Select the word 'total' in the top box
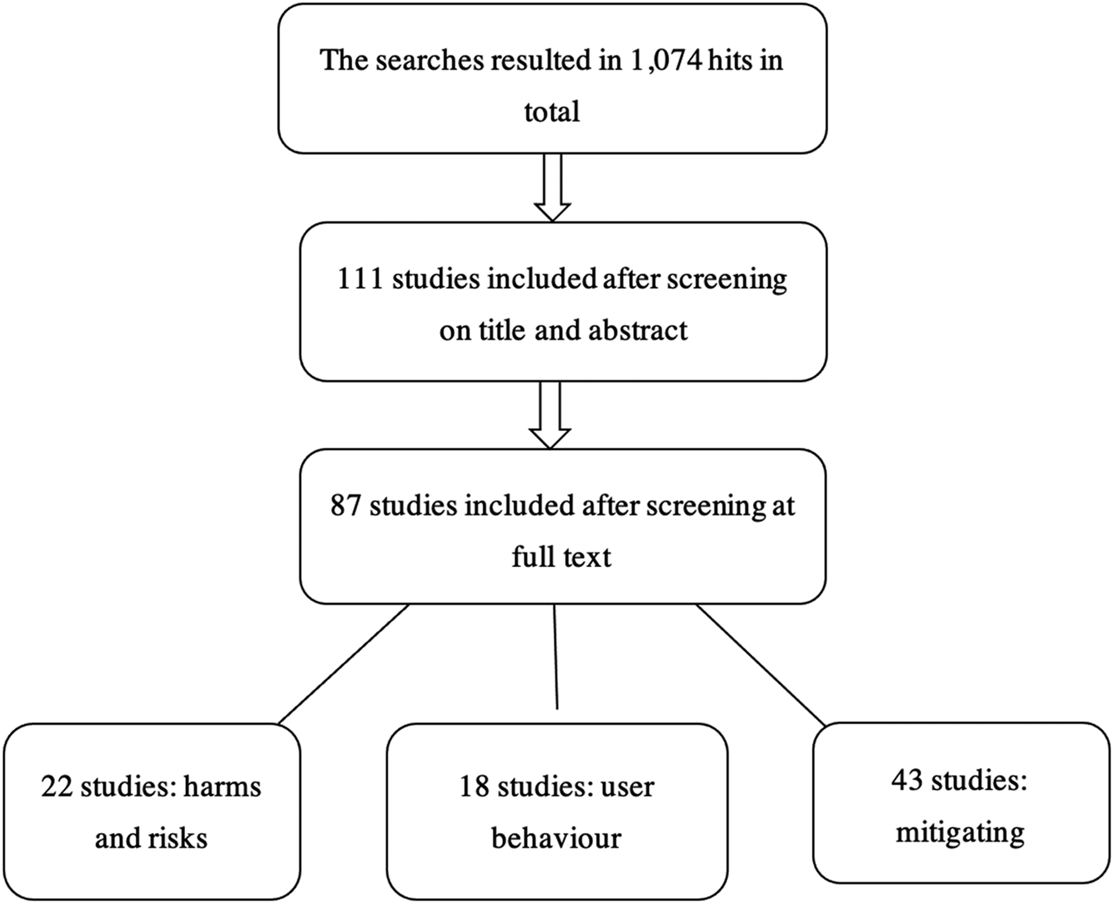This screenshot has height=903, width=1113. (x=552, y=111)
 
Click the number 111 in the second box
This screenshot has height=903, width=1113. (x=360, y=279)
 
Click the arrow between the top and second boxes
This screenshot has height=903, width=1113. (x=552, y=187)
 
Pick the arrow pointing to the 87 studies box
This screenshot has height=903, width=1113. (x=550, y=414)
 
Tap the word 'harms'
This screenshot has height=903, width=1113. (x=222, y=787)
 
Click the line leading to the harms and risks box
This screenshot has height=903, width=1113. (x=344, y=664)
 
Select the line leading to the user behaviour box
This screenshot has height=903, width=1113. (x=555, y=656)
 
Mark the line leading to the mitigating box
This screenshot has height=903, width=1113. (x=761, y=664)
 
